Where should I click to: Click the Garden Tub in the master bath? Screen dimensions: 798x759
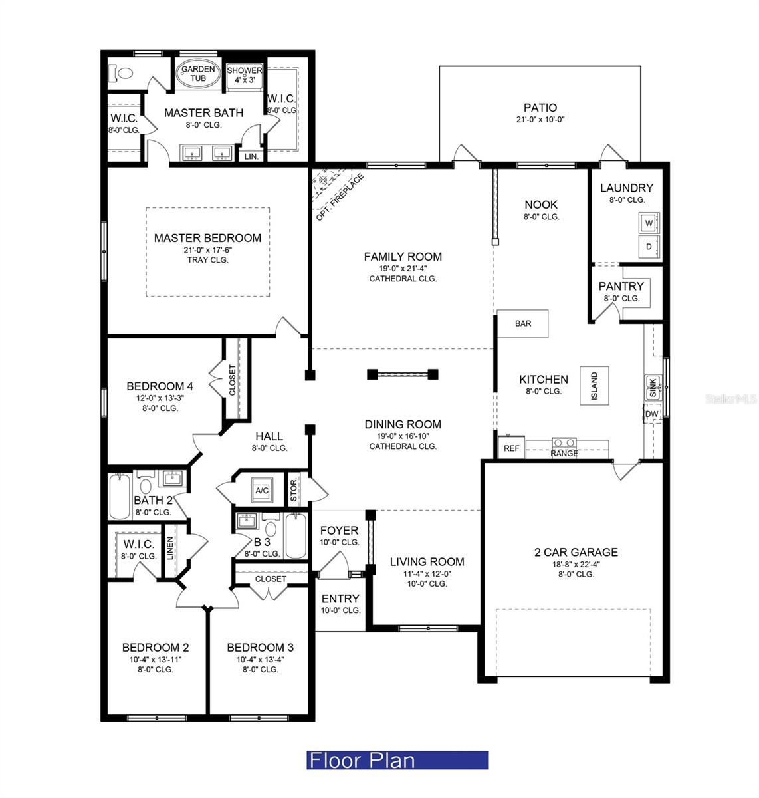tap(198, 74)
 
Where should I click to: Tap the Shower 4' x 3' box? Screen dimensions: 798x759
tap(245, 74)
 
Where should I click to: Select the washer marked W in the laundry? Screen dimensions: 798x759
tap(649, 223)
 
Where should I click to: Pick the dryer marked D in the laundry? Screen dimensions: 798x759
tap(649, 247)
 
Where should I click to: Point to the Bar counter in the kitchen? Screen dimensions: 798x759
tap(524, 323)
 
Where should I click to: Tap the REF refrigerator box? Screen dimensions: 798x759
tap(512, 448)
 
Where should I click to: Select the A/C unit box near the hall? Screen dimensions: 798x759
tap(261, 490)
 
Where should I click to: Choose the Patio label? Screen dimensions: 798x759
tap(540, 108)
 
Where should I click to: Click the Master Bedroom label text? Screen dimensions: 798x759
tap(207, 238)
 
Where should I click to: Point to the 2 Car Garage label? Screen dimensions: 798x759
tap(576, 552)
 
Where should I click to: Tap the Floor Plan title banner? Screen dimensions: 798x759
tap(397, 760)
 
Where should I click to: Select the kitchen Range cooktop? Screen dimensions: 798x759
tap(564, 444)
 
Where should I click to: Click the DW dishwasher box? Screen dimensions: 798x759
tap(651, 414)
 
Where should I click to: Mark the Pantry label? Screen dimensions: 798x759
tap(621, 286)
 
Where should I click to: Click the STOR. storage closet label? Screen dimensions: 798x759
tap(294, 490)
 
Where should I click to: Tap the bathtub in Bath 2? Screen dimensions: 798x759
tap(120, 497)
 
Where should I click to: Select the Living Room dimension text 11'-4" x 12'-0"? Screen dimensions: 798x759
tap(427, 573)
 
